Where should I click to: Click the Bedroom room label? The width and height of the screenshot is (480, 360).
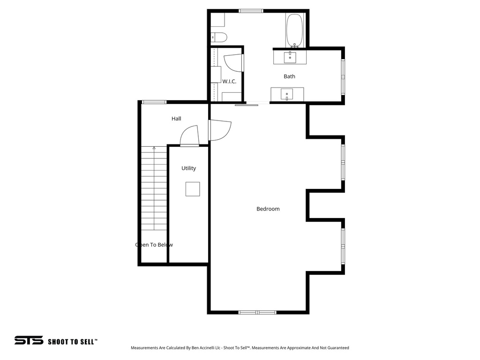point(268,209)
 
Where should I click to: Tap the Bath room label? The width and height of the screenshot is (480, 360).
point(289,76)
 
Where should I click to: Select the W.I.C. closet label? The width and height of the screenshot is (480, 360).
point(229,82)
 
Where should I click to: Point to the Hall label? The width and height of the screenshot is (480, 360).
point(176,119)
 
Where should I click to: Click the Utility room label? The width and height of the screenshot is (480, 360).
point(189,168)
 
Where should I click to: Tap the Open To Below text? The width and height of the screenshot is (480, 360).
point(154,245)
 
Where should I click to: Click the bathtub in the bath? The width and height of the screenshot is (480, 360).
point(295,30)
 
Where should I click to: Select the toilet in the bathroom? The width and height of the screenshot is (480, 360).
point(219,37)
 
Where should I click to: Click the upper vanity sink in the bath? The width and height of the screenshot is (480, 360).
point(290,57)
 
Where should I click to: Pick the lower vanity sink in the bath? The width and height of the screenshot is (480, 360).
point(287,94)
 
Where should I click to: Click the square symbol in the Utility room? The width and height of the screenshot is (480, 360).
point(193,189)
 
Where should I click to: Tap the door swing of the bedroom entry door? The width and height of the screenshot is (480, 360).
point(220,130)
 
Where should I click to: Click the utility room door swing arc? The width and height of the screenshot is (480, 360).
point(189,136)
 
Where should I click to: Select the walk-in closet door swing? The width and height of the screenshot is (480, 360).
point(233,63)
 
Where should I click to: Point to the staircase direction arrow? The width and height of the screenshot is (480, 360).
point(154,148)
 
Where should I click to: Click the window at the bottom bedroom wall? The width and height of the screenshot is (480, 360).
point(257,312)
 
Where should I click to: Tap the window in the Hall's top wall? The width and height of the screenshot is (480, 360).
point(154,102)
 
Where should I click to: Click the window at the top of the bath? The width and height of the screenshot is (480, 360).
point(251,10)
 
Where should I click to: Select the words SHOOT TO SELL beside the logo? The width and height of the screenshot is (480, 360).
point(72,342)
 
